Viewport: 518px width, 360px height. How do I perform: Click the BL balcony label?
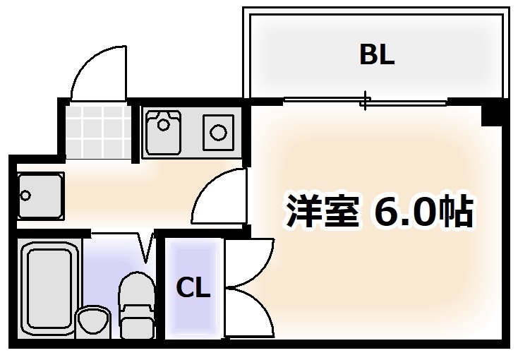point(377,54)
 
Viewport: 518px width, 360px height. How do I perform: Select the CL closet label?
point(193,288)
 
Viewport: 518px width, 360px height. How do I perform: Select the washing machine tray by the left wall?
point(40,196)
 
